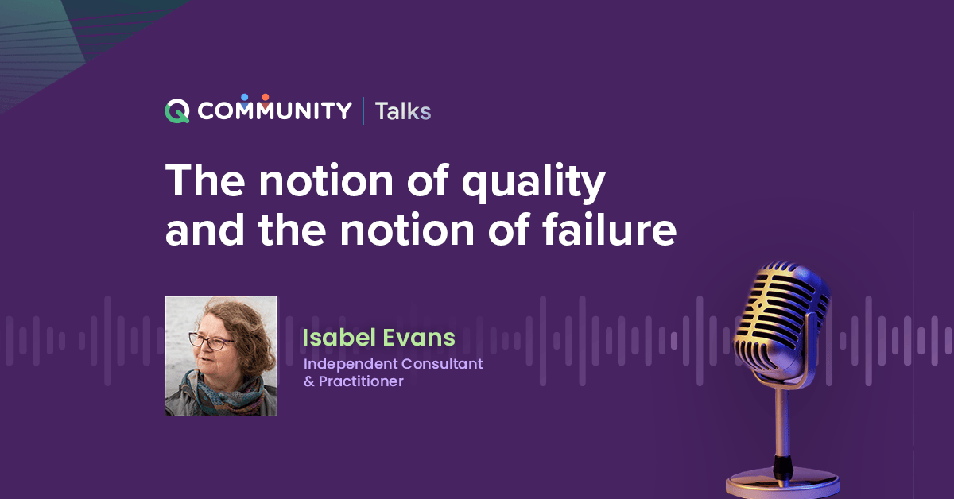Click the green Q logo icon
point(177,111)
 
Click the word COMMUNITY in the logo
point(274,111)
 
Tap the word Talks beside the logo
point(403,111)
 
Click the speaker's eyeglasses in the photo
point(210,343)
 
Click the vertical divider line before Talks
point(363,111)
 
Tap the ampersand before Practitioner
point(309,381)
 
